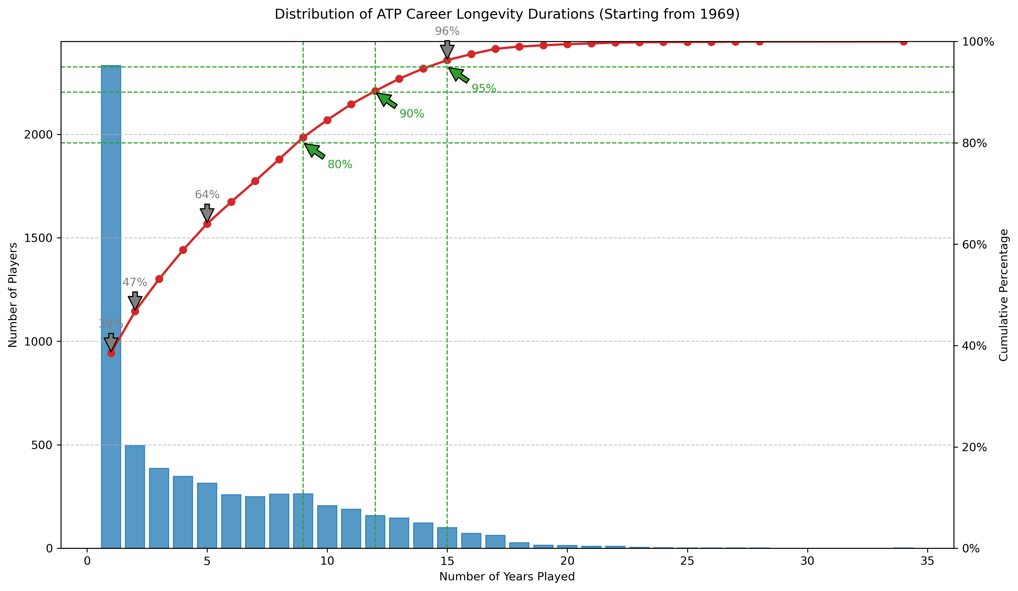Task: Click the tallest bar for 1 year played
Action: pyautogui.click(x=111, y=307)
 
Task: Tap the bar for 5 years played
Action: pyautogui.click(x=207, y=516)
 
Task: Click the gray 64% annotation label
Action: pyautogui.click(x=207, y=195)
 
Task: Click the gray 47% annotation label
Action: pyautogui.click(x=134, y=282)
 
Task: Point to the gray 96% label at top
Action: pyautogui.click(x=447, y=31)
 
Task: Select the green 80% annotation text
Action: pyautogui.click(x=340, y=165)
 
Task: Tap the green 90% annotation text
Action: pyautogui.click(x=412, y=114)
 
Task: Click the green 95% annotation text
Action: pyautogui.click(x=484, y=89)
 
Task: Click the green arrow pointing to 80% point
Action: pyautogui.click(x=314, y=151)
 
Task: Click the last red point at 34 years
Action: pyautogui.click(x=903, y=42)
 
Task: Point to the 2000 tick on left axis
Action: pyautogui.click(x=38, y=135)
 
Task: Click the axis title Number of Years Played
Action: pyautogui.click(x=507, y=576)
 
